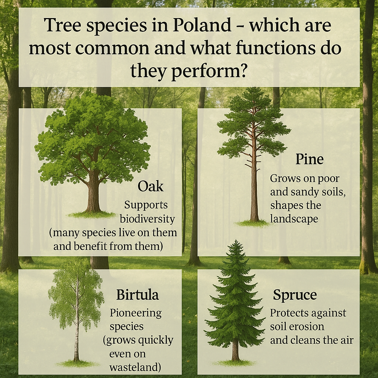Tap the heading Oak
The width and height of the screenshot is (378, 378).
[x=150, y=186]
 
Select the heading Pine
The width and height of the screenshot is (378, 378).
[x=309, y=159]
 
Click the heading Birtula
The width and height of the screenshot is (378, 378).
[x=137, y=295]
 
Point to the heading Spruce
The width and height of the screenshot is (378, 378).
[x=295, y=295]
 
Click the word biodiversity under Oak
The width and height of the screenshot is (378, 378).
[x=147, y=219]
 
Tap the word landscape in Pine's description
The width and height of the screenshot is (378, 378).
[x=294, y=219]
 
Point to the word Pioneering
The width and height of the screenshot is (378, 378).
[x=136, y=313]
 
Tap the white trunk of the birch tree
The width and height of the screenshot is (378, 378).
[x=76, y=325]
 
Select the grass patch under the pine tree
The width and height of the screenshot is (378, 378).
[x=253, y=223]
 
